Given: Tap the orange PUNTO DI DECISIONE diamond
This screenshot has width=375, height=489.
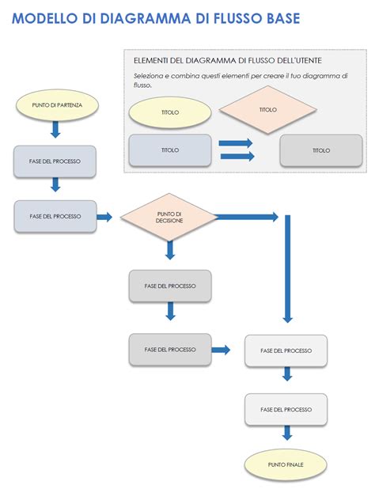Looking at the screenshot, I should coord(169,216).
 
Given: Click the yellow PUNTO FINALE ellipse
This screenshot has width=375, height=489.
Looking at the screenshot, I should coord(286,464).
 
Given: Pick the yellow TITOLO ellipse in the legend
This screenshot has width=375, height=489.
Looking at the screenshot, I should coord(169,112).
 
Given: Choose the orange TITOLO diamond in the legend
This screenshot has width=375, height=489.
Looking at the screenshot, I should coord(267,110).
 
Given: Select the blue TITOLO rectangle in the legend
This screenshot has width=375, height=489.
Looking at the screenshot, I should coord(169,150).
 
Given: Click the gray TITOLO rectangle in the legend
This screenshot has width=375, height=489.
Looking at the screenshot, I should coord(320,150).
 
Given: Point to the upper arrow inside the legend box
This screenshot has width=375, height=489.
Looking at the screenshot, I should coord(236,143).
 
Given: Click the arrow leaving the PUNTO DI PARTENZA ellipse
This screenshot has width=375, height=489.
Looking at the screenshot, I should coord(55,129).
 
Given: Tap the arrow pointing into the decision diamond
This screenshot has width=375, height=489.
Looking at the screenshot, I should coord(106,216).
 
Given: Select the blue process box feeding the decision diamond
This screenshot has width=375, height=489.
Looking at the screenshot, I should coord(55,216).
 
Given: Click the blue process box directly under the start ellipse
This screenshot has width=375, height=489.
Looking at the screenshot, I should coord(55,161).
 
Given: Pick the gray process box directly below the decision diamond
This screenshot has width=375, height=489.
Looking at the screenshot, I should coord(169,286).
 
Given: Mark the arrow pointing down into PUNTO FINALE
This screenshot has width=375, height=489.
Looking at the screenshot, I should coord(286,434).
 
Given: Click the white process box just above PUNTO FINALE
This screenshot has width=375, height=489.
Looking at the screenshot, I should coord(286,409).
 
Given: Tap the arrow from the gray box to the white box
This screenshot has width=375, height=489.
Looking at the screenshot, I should coord(222,349).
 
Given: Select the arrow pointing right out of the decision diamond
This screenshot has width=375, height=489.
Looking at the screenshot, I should coord(247,216).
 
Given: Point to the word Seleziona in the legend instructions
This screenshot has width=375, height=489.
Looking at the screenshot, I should coord(150,76).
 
